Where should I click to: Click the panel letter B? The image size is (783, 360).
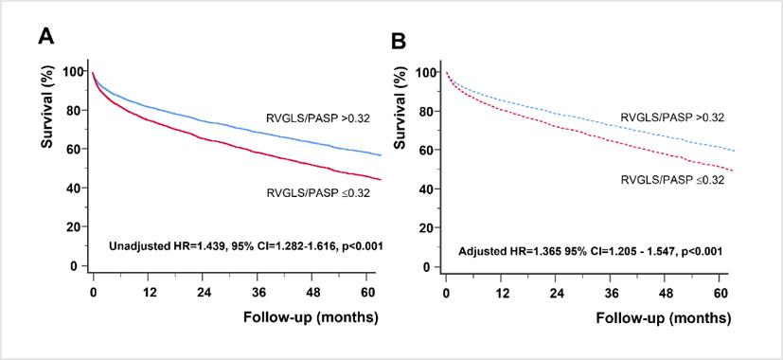(x=399, y=41)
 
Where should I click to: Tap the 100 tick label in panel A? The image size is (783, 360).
(x=72, y=71)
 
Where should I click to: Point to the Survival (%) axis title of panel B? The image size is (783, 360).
(x=400, y=114)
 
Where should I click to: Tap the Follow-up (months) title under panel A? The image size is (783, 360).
(x=311, y=316)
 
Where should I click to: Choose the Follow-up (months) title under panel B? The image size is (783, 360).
(x=663, y=317)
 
